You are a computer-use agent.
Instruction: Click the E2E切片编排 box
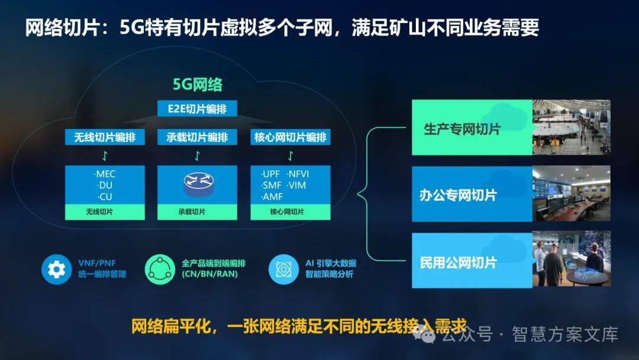197,109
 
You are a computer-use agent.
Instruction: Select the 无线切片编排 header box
105,137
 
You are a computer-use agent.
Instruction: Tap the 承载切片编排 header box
197,137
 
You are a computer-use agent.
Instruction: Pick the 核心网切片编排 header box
290,137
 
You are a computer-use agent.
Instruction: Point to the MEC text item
105,174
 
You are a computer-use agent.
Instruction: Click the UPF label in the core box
270,174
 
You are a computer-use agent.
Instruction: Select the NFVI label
298,174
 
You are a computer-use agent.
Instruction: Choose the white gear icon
56,269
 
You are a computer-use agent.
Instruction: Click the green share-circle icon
160,269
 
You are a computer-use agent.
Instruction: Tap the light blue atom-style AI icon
283,269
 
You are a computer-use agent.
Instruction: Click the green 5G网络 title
198,85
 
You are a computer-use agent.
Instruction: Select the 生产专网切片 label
462,129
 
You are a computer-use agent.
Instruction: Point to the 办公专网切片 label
458,195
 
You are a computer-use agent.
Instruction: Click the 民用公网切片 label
458,262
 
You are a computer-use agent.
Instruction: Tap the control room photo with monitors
572,194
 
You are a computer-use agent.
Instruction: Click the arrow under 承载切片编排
197,156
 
